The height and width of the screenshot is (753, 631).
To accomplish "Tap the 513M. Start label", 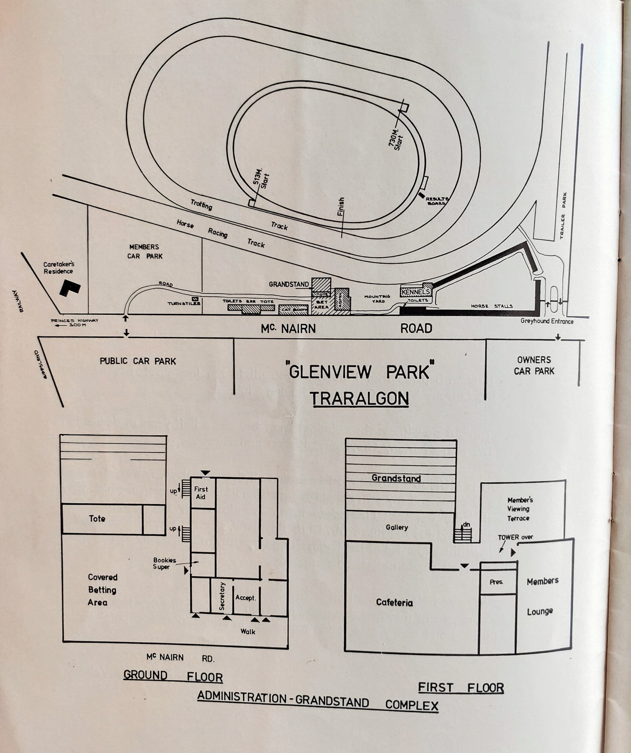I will (x=261, y=179).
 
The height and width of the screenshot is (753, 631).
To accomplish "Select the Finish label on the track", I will (x=341, y=207).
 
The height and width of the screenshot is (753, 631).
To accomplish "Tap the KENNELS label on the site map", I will (x=416, y=292).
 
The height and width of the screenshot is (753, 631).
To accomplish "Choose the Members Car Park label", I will (x=145, y=251).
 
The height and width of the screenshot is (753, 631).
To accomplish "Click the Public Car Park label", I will (x=138, y=361).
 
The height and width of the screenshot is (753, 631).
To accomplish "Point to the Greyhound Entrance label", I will (x=547, y=321).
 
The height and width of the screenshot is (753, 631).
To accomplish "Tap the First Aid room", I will (x=201, y=493).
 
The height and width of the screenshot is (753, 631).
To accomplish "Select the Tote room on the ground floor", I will (x=97, y=519).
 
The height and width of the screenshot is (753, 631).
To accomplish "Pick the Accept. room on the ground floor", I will (x=245, y=598).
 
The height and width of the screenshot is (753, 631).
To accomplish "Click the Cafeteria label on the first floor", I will (x=394, y=602).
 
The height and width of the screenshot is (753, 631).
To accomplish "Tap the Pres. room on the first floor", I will (x=496, y=582).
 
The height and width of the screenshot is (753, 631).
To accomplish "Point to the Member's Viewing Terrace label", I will (x=518, y=509).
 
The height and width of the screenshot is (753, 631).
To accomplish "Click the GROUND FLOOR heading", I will (x=173, y=675).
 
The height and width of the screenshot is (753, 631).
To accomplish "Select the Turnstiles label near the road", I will (x=184, y=303).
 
